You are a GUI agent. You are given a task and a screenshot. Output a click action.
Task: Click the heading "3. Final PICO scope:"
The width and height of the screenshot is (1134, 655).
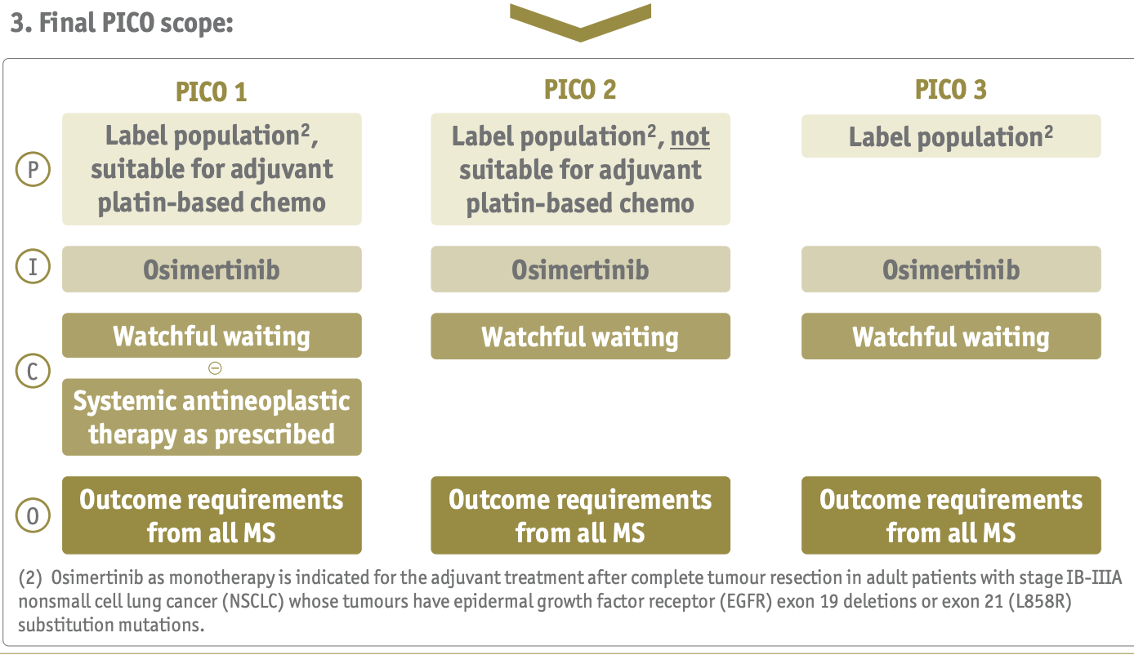point(123,23)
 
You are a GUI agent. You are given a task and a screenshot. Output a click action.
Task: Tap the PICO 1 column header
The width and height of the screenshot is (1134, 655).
point(211,91)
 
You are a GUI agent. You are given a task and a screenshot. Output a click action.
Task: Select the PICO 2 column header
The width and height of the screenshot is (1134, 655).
point(580,89)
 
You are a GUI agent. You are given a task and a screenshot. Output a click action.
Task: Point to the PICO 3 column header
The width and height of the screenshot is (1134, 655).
point(951,89)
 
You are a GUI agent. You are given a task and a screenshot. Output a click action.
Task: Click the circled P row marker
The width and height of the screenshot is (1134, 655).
point(33,170)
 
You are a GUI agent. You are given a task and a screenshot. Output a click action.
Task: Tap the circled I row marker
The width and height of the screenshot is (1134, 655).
point(33,268)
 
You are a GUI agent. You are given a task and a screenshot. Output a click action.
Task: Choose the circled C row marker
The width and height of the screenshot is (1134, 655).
point(33,372)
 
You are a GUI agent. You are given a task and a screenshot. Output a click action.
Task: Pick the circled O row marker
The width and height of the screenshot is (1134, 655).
point(33,515)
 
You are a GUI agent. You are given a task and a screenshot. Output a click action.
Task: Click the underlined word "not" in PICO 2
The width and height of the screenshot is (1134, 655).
point(690,136)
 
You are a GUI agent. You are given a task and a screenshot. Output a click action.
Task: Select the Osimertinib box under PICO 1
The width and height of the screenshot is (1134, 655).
point(212,270)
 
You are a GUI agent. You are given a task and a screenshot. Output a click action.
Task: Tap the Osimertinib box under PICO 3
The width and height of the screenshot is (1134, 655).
point(951,270)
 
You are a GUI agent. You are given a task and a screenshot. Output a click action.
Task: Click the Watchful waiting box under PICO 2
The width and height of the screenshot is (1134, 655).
point(580,336)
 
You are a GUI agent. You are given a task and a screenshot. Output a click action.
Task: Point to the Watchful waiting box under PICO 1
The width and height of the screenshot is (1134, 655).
point(212,336)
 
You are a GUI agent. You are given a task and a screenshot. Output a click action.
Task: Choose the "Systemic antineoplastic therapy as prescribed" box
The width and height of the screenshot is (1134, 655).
point(212,417)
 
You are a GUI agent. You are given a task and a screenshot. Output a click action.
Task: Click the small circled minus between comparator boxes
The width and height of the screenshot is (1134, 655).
point(215,368)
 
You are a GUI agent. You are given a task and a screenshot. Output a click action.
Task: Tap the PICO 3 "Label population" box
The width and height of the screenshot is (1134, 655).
point(951,136)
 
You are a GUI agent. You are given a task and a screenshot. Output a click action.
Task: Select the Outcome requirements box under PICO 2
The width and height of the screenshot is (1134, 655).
point(580,515)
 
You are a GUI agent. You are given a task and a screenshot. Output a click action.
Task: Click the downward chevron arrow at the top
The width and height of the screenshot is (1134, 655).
point(580,21)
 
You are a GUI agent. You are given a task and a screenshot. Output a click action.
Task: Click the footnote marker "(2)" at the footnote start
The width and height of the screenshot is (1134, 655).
point(31,578)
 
